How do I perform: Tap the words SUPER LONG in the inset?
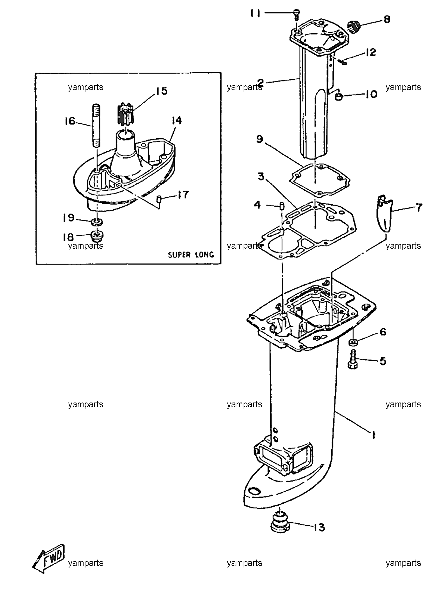pyautogui.click(x=191, y=254)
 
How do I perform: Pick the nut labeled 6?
pyautogui.click(x=353, y=342)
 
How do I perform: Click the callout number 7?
pyautogui.click(x=419, y=207)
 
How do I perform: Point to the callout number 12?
pyautogui.click(x=371, y=52)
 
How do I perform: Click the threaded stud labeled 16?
pyautogui.click(x=96, y=125)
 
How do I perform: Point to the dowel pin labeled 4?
pyautogui.click(x=281, y=206)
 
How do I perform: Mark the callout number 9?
pyautogui.click(x=260, y=139)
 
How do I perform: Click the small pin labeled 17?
pyautogui.click(x=159, y=199)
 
